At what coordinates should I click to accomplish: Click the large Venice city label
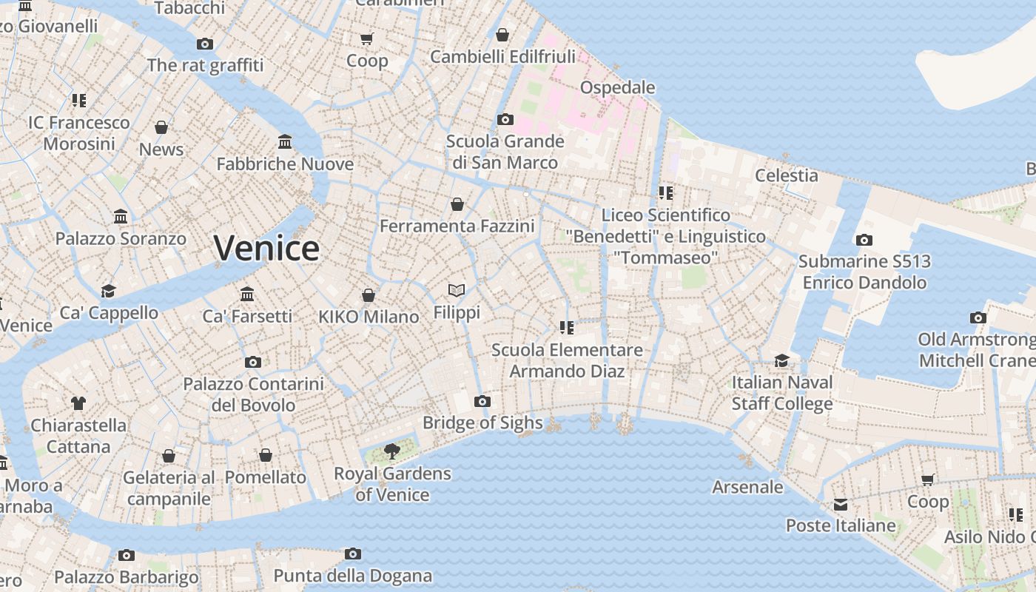(266, 248)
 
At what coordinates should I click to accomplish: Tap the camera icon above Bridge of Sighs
(482, 402)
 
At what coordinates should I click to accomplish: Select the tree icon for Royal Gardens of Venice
(392, 451)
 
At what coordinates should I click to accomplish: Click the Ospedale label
(617, 87)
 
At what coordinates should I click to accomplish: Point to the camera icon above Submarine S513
(864, 240)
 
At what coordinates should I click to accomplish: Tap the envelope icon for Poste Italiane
(841, 505)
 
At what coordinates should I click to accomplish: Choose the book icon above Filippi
(457, 291)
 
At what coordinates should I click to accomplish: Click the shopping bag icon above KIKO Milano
(369, 296)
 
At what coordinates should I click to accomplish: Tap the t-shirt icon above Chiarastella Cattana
(78, 403)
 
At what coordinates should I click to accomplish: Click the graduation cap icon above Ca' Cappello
(109, 291)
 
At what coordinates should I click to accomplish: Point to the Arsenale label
(747, 487)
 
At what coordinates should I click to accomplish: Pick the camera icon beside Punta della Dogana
(353, 554)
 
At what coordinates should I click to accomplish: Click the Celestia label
(786, 175)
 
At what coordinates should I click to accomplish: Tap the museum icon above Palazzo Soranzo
(121, 217)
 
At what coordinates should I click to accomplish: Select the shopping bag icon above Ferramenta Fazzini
(457, 204)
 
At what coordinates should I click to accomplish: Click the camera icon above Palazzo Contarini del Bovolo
(253, 363)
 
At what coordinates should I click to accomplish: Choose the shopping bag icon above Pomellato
(266, 455)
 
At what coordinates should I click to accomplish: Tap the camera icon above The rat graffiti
(205, 44)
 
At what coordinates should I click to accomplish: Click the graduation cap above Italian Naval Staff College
(781, 360)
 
